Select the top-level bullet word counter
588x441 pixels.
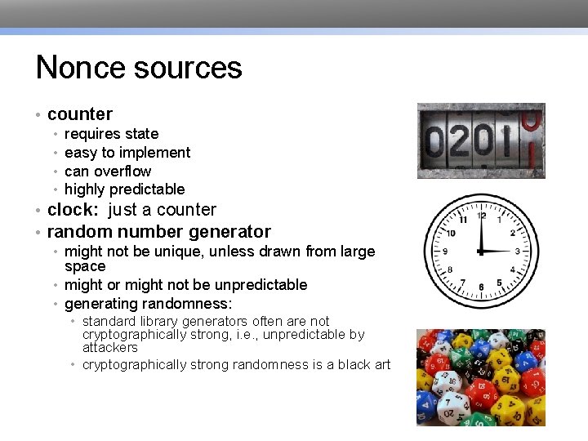(80, 114)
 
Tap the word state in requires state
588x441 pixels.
(142, 134)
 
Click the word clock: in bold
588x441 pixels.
(75, 210)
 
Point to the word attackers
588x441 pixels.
(110, 348)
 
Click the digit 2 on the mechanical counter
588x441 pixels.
(461, 142)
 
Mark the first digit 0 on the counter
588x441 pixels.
(435, 142)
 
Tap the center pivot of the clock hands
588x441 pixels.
(481, 251)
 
